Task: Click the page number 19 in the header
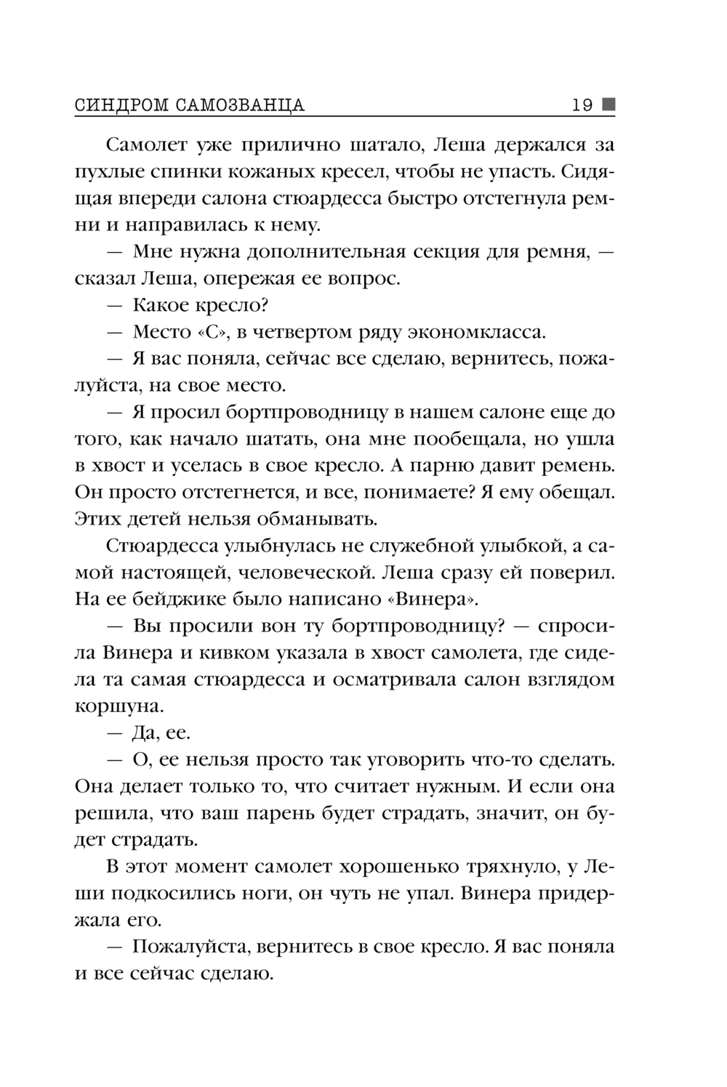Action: (582, 105)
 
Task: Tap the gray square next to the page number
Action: (608, 105)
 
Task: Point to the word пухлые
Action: (110, 171)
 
